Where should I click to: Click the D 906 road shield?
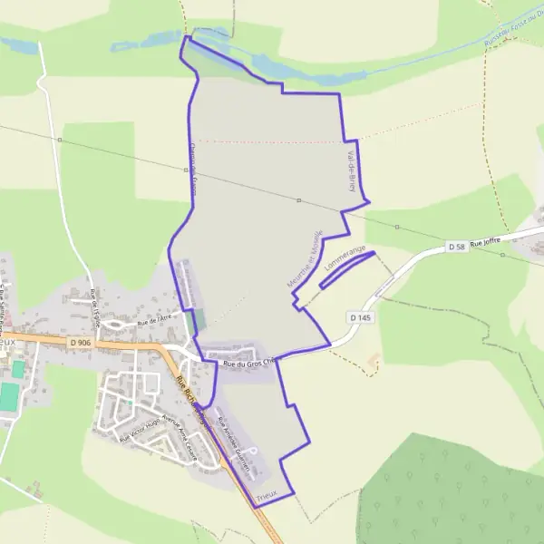click(x=79, y=342)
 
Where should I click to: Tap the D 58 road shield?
click(x=458, y=247)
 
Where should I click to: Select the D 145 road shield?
click(x=359, y=317)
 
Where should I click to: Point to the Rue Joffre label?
click(x=485, y=240)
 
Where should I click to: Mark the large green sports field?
click(x=8, y=396)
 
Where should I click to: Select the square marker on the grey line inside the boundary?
click(x=298, y=199)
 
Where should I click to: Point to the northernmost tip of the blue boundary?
click(x=187, y=37)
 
